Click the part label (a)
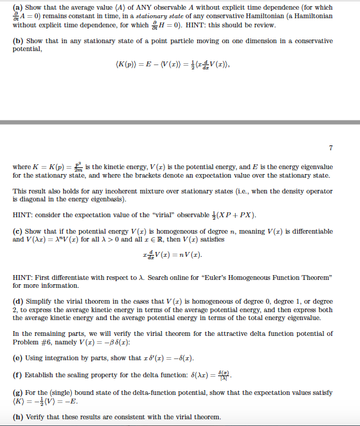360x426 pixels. pos(18,7)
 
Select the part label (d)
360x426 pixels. pos(18,301)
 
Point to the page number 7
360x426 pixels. pos(331,147)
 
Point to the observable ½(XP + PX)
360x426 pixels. pos(235,215)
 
